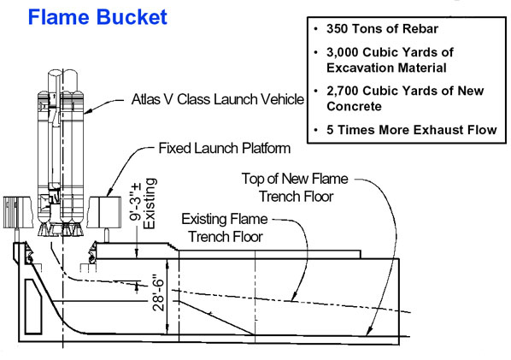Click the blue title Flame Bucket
[x=97, y=17]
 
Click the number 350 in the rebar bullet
[x=338, y=29]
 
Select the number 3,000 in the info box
[x=343, y=52]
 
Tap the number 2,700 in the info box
[x=343, y=91]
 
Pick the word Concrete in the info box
[x=354, y=106]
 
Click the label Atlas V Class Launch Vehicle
[x=218, y=99]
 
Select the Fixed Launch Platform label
[x=225, y=149]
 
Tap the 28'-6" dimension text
[x=159, y=292]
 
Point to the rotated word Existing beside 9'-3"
[x=150, y=204]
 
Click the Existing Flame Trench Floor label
[x=225, y=228]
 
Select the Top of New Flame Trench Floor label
[x=295, y=187]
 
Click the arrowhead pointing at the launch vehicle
[x=87, y=111]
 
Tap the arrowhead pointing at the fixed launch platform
[x=109, y=192]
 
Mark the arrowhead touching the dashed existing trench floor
[x=294, y=297]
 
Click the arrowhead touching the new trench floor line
[x=368, y=331]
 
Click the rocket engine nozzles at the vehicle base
[x=61, y=229]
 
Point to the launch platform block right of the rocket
[x=104, y=212]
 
